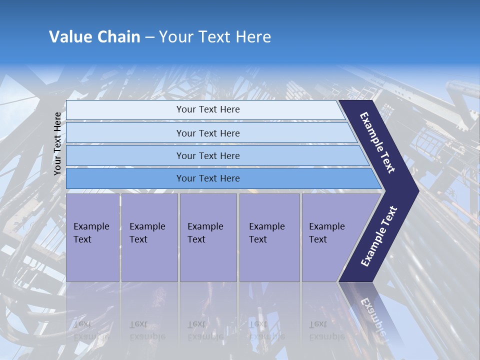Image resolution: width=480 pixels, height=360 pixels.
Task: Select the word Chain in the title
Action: pos(118,37)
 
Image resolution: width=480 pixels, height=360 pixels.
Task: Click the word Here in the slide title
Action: pos(253,37)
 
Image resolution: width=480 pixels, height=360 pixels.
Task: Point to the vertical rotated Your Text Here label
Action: pos(57,143)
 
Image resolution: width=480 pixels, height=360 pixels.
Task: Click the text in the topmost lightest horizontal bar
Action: pos(208,109)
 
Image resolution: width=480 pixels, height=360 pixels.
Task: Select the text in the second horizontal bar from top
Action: pos(208,133)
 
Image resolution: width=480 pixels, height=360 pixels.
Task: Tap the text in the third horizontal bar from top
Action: pos(208,156)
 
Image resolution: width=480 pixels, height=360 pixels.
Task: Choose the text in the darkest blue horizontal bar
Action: pos(208,178)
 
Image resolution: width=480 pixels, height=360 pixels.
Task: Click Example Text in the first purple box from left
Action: pos(91,233)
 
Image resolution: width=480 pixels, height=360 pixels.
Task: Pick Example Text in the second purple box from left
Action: pos(147,233)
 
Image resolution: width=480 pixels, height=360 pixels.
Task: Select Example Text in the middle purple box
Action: pos(205,233)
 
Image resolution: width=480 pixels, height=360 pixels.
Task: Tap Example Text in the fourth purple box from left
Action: pos(266,233)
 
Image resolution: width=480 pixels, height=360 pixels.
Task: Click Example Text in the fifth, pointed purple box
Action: pos(326,233)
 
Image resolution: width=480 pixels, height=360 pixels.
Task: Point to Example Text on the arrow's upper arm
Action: pos(377,142)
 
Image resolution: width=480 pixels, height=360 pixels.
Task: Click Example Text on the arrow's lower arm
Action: pos(379,236)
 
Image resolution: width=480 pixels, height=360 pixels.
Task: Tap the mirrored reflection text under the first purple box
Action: pos(91,330)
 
